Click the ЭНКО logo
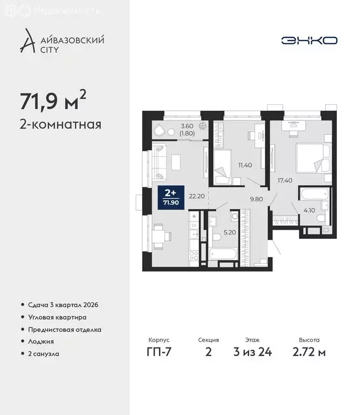(x=309, y=41)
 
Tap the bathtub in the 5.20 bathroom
(x=224, y=253)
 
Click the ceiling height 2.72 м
(x=309, y=353)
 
